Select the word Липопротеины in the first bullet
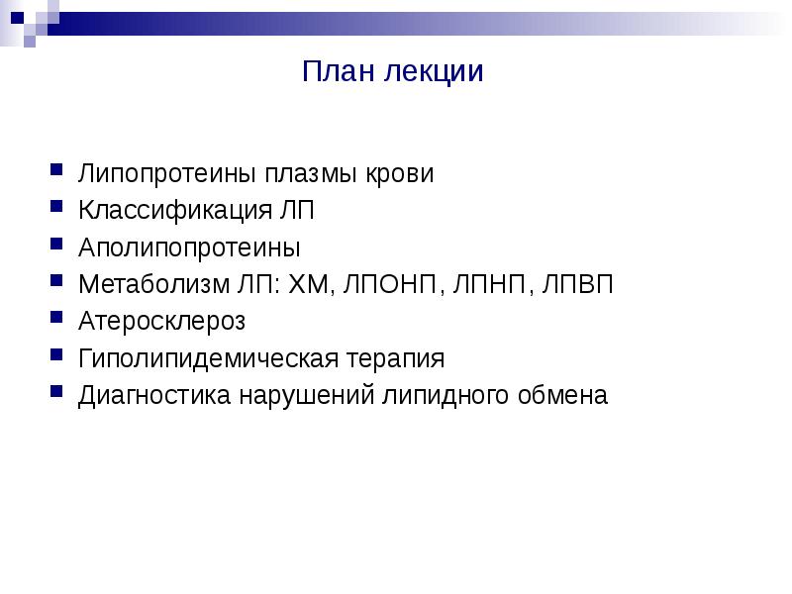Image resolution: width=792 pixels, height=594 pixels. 169,174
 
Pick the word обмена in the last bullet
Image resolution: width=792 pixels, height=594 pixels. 561,395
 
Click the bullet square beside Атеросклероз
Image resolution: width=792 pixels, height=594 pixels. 58,320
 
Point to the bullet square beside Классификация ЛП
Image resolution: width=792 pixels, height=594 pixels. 58,209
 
